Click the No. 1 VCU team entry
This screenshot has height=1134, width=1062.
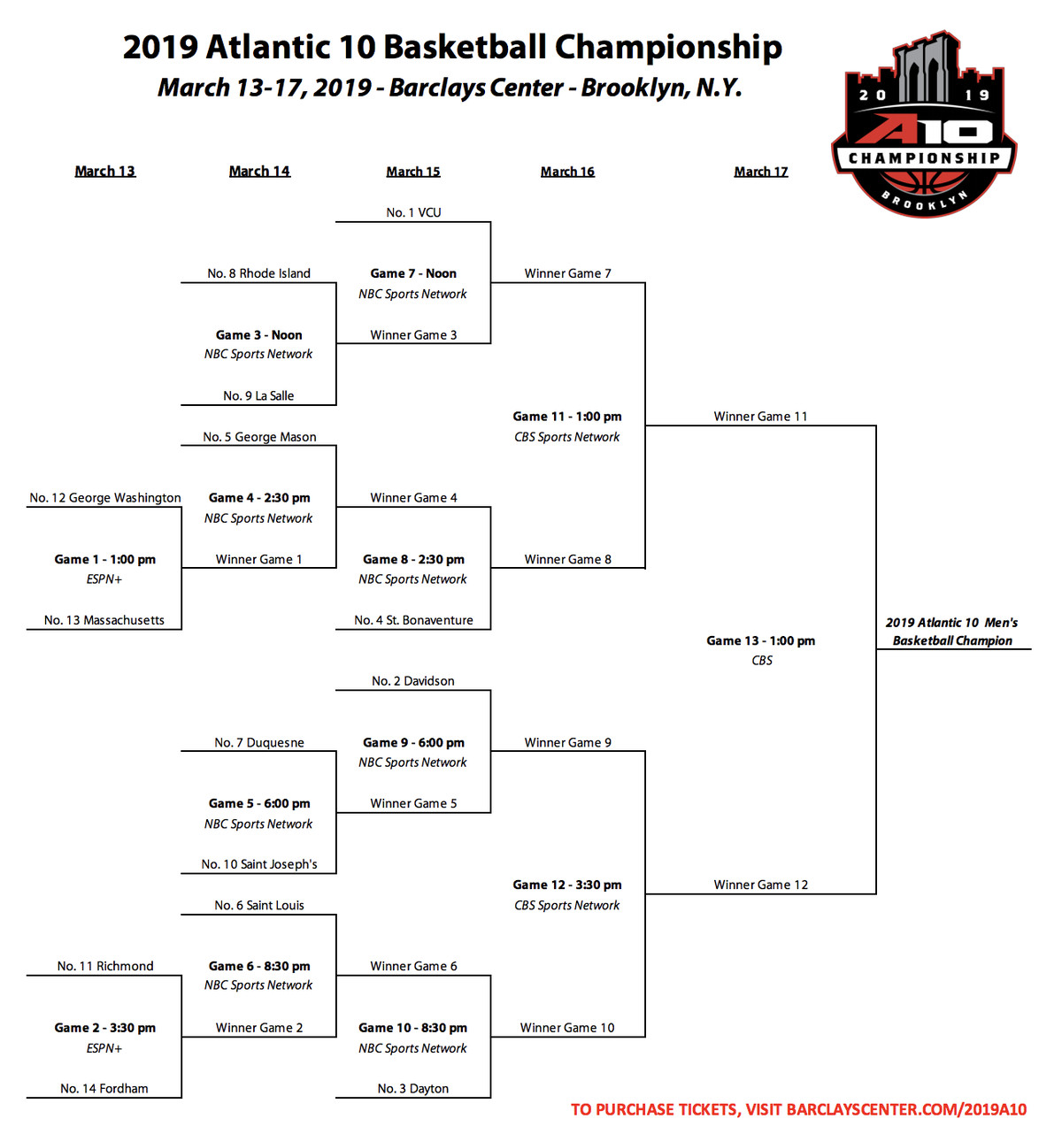413,212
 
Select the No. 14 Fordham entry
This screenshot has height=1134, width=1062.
104,1088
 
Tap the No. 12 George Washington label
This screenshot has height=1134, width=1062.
105,498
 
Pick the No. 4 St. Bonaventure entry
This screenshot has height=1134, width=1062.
413,620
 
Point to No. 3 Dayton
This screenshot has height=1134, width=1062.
412,1088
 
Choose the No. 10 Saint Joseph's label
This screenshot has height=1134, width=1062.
258,864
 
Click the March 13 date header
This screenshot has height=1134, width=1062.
105,172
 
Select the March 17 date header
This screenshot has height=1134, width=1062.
760,172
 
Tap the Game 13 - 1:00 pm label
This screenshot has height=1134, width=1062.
760,640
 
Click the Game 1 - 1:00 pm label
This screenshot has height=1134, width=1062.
104,559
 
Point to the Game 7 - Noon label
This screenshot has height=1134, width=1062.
413,273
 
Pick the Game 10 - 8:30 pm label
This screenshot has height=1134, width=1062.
412,1028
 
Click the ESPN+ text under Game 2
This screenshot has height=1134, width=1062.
104,1048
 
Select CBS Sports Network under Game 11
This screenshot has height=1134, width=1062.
566,437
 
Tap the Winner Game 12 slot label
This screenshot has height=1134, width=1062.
760,885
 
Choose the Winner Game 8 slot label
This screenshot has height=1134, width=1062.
567,559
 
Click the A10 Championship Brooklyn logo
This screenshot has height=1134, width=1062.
924,123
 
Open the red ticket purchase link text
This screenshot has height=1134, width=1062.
798,1109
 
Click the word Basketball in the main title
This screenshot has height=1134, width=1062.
465,47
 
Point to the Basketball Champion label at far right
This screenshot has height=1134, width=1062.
952,640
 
